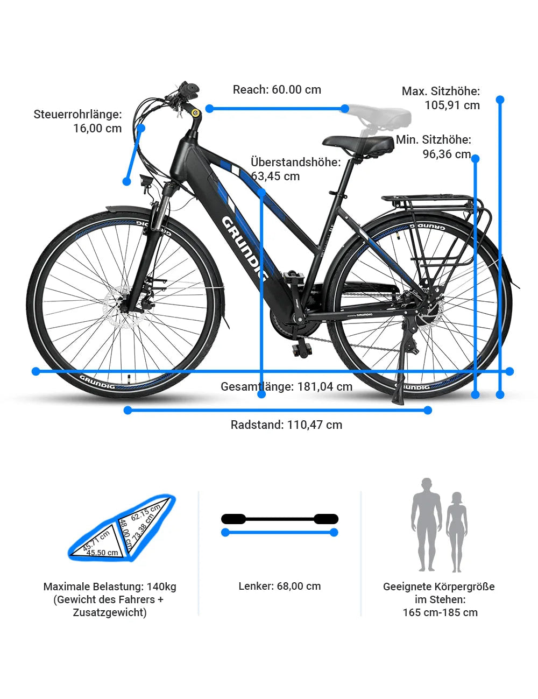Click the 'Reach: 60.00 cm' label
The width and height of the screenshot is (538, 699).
277,90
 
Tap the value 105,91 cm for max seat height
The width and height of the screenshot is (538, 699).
452,105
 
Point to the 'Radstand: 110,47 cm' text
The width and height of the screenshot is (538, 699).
286,425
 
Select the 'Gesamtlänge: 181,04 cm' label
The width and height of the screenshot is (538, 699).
286,386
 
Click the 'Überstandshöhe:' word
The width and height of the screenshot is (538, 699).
295,162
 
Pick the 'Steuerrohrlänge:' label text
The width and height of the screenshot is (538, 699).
78,114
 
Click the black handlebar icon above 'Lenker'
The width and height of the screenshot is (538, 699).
279,519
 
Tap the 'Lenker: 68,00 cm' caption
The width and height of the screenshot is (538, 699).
279,586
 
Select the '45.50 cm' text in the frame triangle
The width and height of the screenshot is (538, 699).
102,553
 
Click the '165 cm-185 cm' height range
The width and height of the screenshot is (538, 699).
440,612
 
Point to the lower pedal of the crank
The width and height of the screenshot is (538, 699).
302,350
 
